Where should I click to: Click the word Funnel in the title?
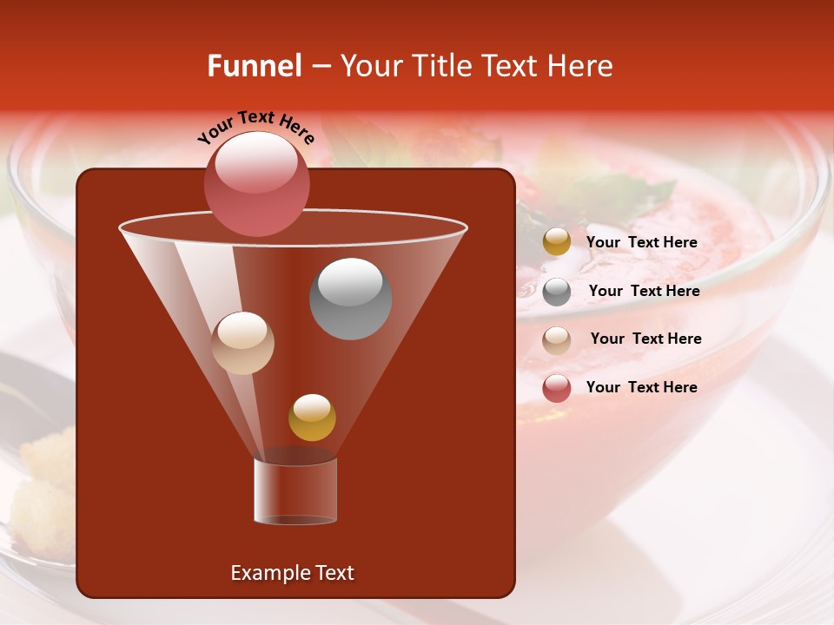tap(255, 66)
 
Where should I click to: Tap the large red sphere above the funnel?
tap(256, 183)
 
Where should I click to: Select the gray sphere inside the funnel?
tap(350, 298)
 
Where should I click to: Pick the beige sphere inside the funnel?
tap(242, 342)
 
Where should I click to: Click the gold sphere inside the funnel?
tap(312, 417)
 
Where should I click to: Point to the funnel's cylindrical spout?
tap(295, 491)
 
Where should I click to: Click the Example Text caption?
tap(292, 573)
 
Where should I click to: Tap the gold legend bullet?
tap(557, 242)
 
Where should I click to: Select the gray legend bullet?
tap(557, 292)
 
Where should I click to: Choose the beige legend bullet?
tap(557, 339)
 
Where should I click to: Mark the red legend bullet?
tap(557, 388)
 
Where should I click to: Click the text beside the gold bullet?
tap(641, 242)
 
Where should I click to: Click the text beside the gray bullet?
tap(644, 291)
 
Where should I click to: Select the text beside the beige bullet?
tap(645, 339)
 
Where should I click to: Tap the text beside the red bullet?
tap(641, 387)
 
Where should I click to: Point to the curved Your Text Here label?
tap(255, 126)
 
